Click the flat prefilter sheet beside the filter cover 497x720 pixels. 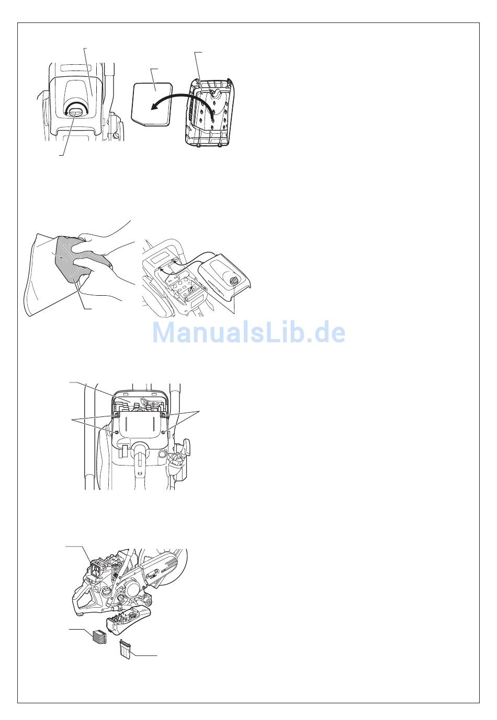152,103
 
